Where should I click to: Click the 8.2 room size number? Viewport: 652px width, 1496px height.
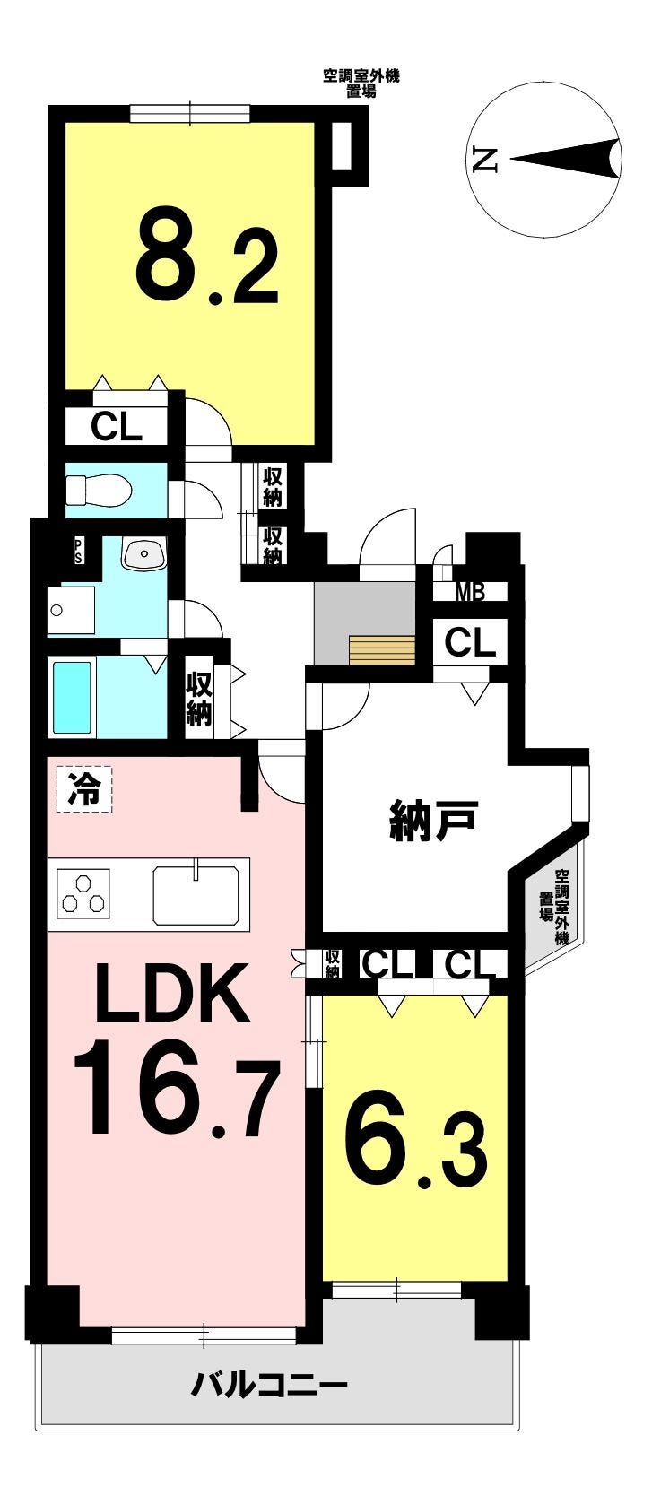coord(207,257)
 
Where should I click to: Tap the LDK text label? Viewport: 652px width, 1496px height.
coord(171,994)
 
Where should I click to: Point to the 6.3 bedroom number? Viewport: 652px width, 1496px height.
coord(417,1151)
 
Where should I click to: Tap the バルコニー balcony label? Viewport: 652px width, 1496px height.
coord(269,1387)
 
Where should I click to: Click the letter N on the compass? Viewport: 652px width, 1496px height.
coord(484,160)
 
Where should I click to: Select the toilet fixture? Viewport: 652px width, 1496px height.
coord(99,491)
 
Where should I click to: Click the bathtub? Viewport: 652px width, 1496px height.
coord(74,697)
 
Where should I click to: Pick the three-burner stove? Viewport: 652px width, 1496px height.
coord(83,893)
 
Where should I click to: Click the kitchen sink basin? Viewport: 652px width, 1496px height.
coord(200,894)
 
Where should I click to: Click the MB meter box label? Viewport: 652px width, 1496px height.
coord(470,592)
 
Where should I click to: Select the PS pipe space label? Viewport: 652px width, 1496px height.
coord(78,551)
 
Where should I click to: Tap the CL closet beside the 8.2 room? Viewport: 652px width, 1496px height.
coord(116,427)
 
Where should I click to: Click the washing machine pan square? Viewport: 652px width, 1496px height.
coord(71,611)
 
